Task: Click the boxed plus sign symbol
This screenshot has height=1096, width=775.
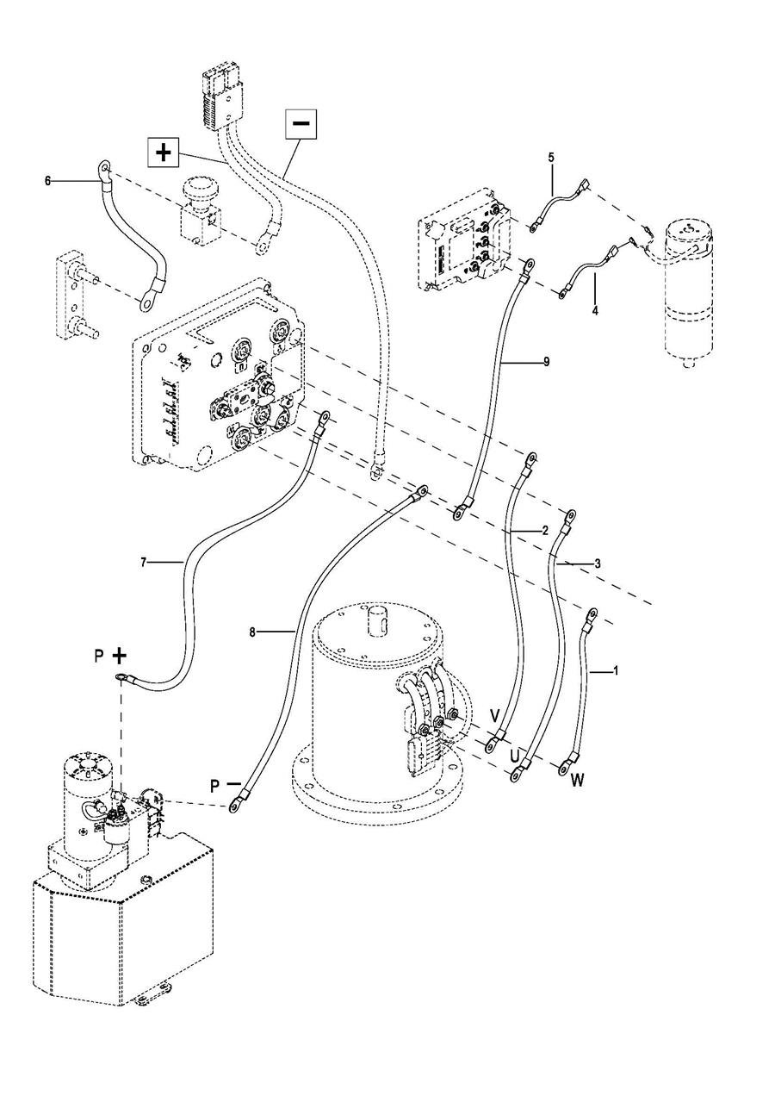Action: tap(163, 153)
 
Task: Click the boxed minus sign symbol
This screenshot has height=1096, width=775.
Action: tap(301, 122)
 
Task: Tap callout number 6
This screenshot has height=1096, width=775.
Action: tap(47, 182)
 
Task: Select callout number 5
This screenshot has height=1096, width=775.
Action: tap(552, 158)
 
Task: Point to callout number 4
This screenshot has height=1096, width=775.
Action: tap(595, 311)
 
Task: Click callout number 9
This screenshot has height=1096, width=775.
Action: tap(547, 362)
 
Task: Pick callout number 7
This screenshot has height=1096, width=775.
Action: tap(143, 563)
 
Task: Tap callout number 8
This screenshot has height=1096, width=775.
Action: tap(252, 632)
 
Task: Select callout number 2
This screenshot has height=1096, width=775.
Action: tap(546, 530)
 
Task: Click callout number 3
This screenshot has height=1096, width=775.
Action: tap(597, 564)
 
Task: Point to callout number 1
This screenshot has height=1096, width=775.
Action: tap(616, 671)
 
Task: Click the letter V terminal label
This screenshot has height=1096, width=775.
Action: tap(495, 717)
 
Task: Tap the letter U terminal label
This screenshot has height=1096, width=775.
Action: tap(514, 757)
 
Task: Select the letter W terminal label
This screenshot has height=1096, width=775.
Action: tap(578, 780)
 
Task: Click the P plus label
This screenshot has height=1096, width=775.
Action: tap(110, 656)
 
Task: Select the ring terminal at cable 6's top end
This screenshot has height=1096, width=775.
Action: tap(104, 169)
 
